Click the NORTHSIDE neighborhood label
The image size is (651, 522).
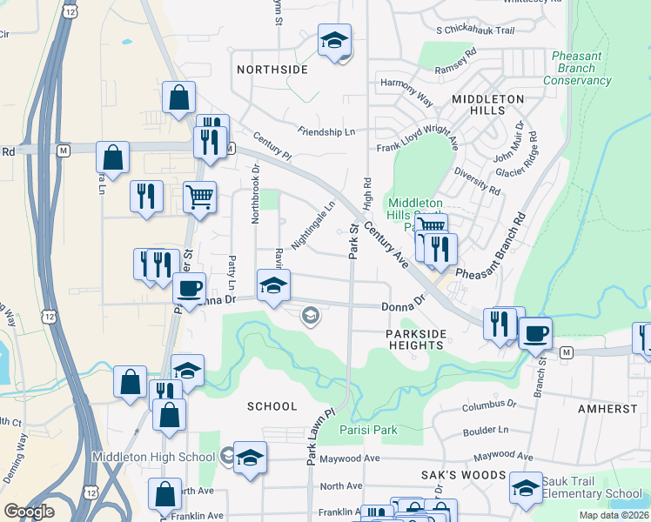pyautogui.click(x=272, y=69)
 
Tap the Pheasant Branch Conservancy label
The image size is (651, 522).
pyautogui.click(x=577, y=68)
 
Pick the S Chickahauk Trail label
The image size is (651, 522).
pyautogui.click(x=475, y=30)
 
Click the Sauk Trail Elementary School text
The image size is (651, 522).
pyautogui.click(x=592, y=487)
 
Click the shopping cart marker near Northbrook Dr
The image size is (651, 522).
pyautogui.click(x=199, y=197)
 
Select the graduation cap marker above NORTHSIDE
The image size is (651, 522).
pyautogui.click(x=333, y=40)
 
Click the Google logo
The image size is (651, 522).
pyautogui.click(x=29, y=512)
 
